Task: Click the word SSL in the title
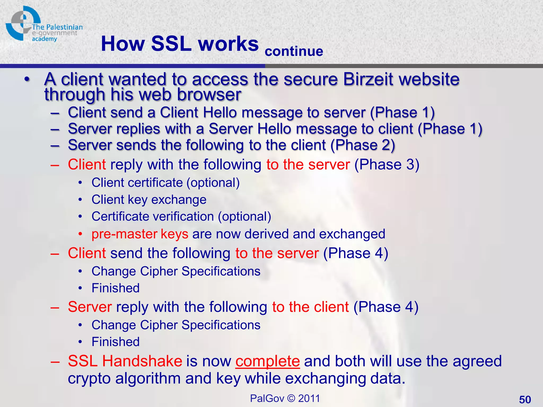point(171,44)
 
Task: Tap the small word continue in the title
point(294,51)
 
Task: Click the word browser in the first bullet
point(209,95)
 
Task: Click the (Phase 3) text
point(387,165)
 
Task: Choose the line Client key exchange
point(149,200)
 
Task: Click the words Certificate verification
point(153,216)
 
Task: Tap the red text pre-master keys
point(140,234)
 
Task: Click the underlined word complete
point(268,361)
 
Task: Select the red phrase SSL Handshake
point(125,361)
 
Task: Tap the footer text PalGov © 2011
point(285,398)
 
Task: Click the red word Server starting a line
point(90,307)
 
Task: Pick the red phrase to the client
point(310,307)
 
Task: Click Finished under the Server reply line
point(115,342)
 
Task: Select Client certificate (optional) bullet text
point(165,183)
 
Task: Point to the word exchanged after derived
point(352,234)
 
